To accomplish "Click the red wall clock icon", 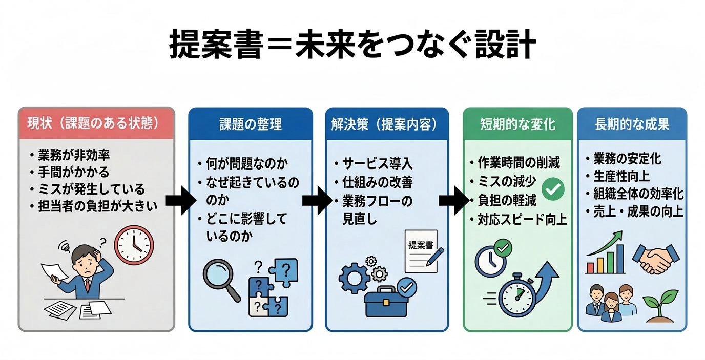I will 134,244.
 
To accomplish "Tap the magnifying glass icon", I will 221,279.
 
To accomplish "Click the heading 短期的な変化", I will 518,124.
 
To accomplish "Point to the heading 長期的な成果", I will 632,124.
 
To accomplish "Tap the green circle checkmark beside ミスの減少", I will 552,189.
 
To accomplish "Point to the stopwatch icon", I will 517,296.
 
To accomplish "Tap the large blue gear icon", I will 354,278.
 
